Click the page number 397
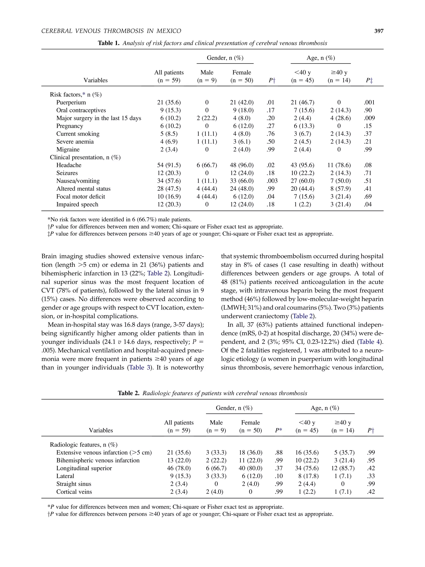379,31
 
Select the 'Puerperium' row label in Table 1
71,103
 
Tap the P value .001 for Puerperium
369,103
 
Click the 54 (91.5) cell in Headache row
169,165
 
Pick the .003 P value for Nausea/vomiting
272,181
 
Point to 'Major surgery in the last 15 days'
99,118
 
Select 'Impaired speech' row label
77,205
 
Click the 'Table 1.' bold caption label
109,43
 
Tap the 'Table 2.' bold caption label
129,393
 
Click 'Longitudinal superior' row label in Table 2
84,468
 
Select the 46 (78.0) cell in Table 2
179,468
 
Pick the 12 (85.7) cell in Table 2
343,468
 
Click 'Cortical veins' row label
74,492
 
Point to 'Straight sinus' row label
74,484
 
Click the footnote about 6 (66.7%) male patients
119,220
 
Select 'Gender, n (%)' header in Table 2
234,408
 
